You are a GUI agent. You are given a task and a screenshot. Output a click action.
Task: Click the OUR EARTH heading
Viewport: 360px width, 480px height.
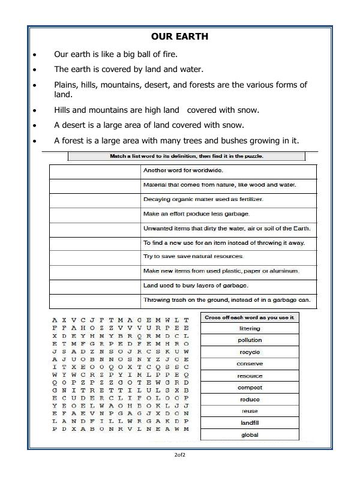(x=179, y=37)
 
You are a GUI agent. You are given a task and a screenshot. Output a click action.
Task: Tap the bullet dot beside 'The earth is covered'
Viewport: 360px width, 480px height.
(x=34, y=70)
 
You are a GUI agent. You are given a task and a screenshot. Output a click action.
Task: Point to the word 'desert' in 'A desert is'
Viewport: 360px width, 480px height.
(x=75, y=125)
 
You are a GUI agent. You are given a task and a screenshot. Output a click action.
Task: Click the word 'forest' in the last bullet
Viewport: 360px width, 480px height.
(x=74, y=141)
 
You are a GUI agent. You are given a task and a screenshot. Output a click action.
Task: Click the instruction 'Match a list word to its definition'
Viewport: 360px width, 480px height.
(x=187, y=156)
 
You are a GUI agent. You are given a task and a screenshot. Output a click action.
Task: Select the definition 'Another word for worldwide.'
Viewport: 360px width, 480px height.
(x=182, y=170)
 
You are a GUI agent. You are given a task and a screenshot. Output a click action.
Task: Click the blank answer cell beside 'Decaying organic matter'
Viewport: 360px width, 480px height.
(x=94, y=199)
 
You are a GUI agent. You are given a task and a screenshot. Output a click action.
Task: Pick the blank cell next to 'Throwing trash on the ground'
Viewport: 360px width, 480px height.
(x=94, y=301)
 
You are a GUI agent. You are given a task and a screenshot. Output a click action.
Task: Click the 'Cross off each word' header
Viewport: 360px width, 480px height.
(x=250, y=317)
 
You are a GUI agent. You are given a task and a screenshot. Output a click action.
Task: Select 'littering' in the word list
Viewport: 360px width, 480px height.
(x=250, y=329)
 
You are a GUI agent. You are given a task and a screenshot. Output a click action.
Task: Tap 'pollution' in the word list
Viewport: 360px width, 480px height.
(x=250, y=340)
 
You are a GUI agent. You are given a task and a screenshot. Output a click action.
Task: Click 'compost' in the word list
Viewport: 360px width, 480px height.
(x=250, y=388)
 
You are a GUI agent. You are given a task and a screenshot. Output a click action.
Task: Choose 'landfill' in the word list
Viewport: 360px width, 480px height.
(x=250, y=423)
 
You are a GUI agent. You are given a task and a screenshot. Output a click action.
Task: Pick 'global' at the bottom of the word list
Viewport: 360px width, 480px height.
(x=250, y=435)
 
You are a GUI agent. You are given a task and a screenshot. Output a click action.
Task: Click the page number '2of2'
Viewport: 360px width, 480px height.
(x=179, y=455)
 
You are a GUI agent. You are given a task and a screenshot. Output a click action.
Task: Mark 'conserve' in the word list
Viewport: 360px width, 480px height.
(x=250, y=364)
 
